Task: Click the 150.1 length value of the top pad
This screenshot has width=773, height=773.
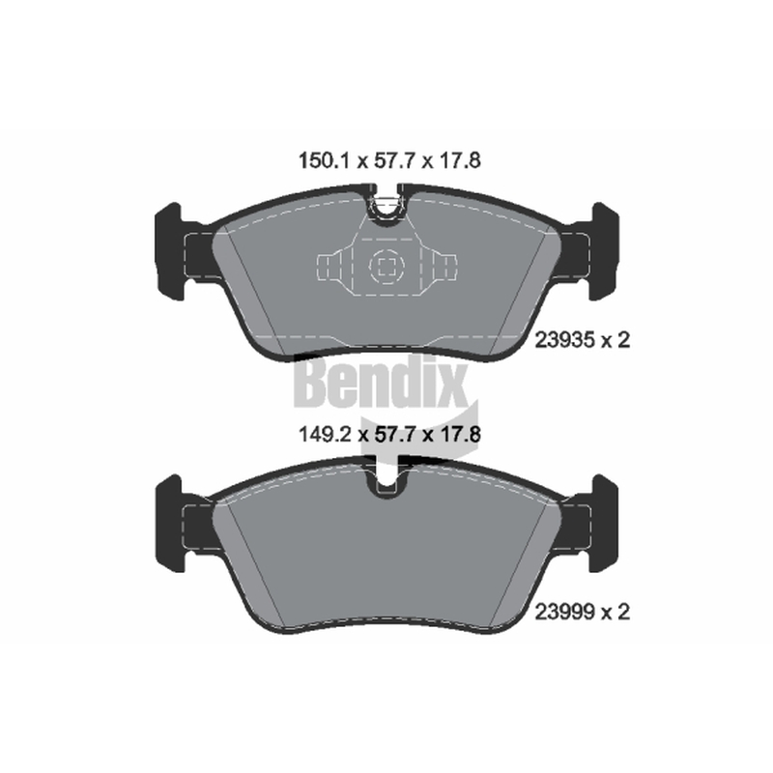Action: point(324,160)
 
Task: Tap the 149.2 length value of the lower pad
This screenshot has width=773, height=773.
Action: point(325,434)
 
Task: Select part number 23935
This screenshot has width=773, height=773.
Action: point(565,340)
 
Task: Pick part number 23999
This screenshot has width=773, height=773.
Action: point(565,613)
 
